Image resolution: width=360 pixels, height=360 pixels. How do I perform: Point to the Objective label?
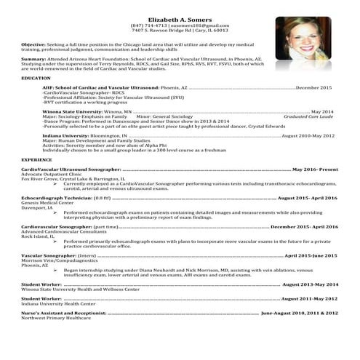33,44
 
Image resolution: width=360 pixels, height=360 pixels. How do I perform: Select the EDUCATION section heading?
36,77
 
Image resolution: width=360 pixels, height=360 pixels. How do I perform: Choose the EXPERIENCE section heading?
37,159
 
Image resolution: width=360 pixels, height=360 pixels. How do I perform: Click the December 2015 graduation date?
318,87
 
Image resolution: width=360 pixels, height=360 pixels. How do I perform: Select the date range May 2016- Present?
315,169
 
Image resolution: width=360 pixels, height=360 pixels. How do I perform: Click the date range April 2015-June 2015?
311,255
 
